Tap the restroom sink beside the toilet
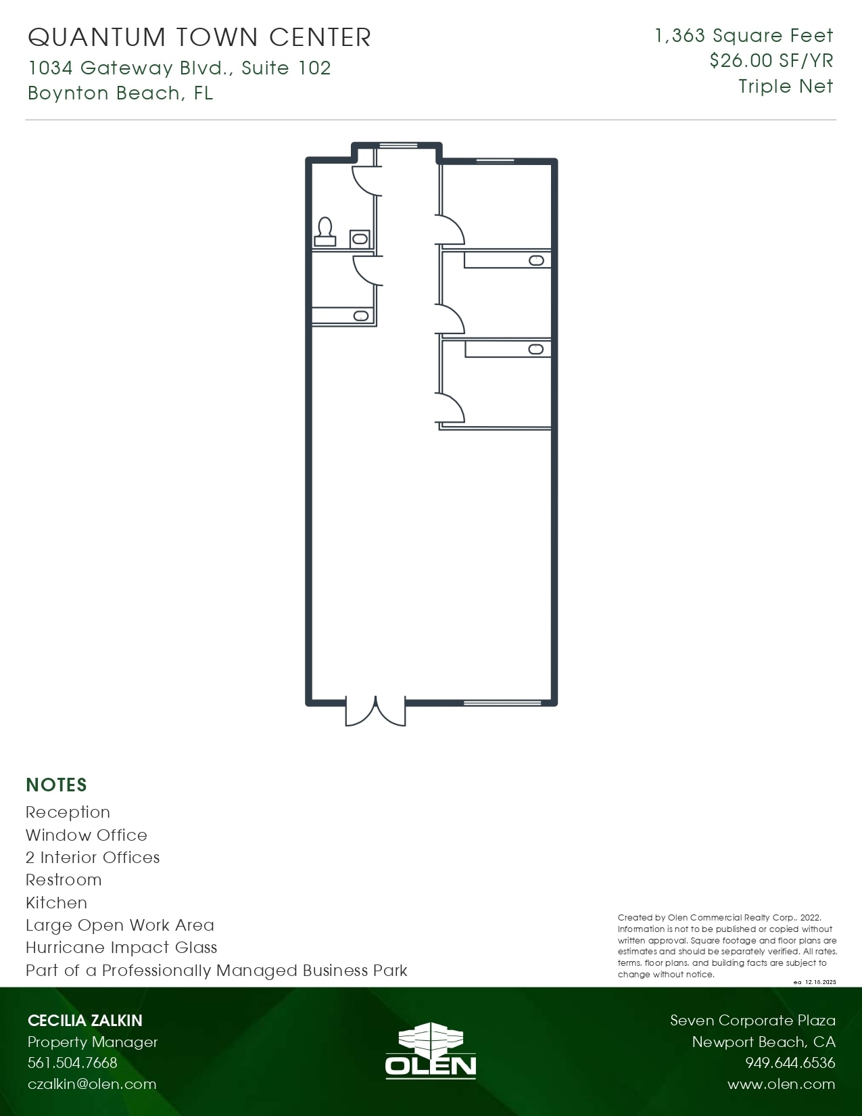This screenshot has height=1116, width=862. click(x=360, y=239)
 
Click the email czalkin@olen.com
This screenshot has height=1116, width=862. click(x=92, y=1084)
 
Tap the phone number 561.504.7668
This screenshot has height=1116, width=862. click(x=72, y=1063)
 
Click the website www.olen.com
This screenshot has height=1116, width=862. click(x=781, y=1084)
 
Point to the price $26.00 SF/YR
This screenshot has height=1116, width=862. click(x=771, y=61)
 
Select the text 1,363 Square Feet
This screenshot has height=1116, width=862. click(x=744, y=36)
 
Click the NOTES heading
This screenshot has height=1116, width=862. click(x=57, y=785)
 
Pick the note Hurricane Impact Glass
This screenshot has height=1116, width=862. click(x=122, y=948)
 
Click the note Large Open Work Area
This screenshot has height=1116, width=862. click(x=120, y=925)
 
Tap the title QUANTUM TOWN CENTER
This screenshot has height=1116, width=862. click(x=199, y=37)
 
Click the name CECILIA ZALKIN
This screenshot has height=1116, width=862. click(x=85, y=1021)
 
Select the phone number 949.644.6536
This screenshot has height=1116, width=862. click(x=790, y=1063)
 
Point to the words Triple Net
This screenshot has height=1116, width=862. click(x=786, y=87)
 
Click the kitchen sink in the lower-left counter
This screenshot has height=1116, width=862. click(x=361, y=316)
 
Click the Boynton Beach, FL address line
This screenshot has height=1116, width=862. click(x=120, y=93)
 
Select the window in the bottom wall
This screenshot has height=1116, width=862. click(x=502, y=703)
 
